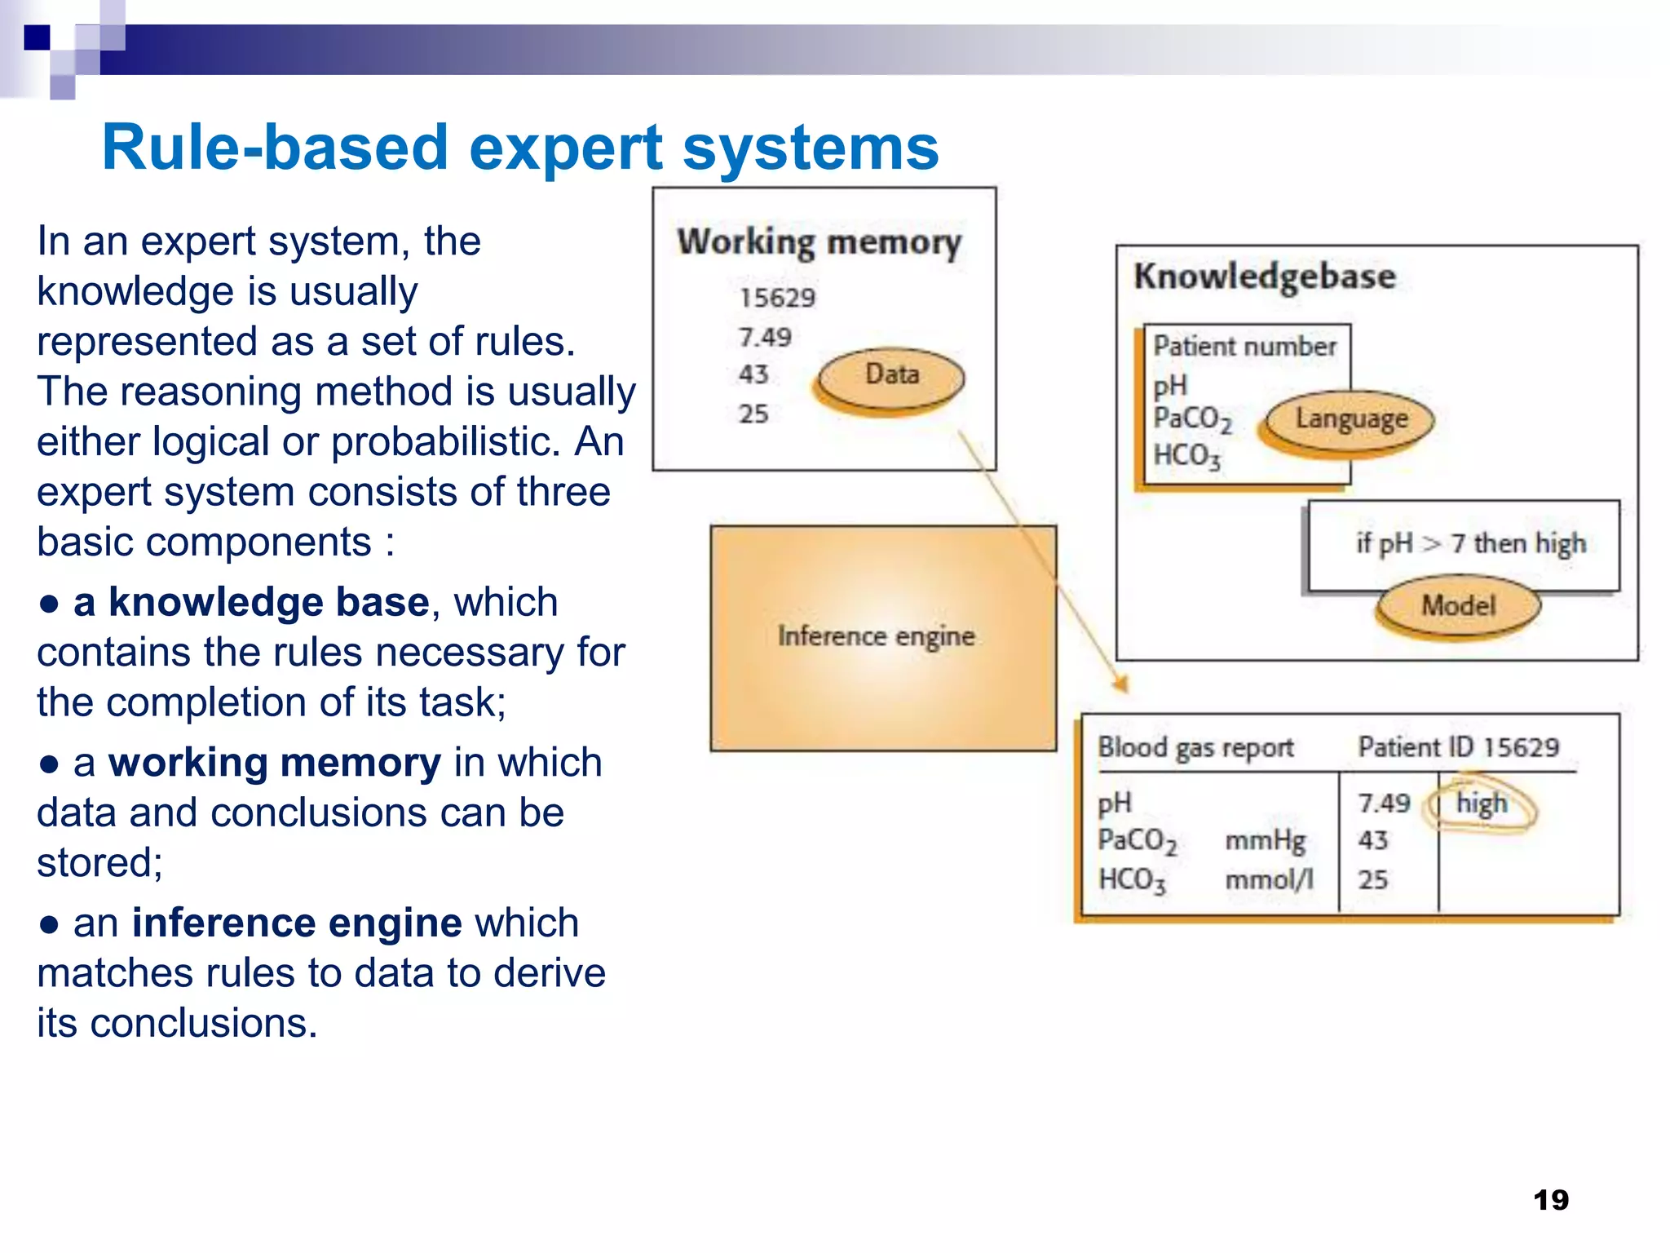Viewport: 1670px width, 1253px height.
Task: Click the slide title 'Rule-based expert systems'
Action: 519,148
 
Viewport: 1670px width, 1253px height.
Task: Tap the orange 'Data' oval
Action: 891,376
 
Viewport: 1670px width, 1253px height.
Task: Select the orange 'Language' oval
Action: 1350,419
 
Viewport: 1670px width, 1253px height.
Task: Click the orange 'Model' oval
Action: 1458,605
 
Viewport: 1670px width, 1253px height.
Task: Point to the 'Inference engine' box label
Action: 876,636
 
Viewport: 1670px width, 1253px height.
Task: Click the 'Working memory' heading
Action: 819,242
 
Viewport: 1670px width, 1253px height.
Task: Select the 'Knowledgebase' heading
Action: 1264,277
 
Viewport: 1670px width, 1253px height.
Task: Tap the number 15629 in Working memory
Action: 776,298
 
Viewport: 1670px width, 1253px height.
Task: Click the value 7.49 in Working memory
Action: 764,337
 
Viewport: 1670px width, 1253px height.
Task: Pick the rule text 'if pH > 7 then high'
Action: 1470,543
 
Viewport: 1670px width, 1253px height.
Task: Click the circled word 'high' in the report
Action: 1482,804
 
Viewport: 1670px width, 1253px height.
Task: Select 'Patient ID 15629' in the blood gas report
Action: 1458,747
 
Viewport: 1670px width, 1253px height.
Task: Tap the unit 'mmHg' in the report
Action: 1265,840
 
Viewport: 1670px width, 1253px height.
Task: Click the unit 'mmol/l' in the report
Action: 1269,879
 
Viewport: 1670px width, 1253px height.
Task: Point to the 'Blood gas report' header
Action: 1195,747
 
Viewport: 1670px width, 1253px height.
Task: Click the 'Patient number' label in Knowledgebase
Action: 1244,347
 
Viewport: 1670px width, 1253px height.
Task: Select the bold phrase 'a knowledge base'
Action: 251,603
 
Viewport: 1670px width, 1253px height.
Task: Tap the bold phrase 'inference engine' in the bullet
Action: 297,923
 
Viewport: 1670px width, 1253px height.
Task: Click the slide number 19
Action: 1550,1200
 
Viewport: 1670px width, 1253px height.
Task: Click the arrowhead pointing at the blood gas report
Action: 1121,684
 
